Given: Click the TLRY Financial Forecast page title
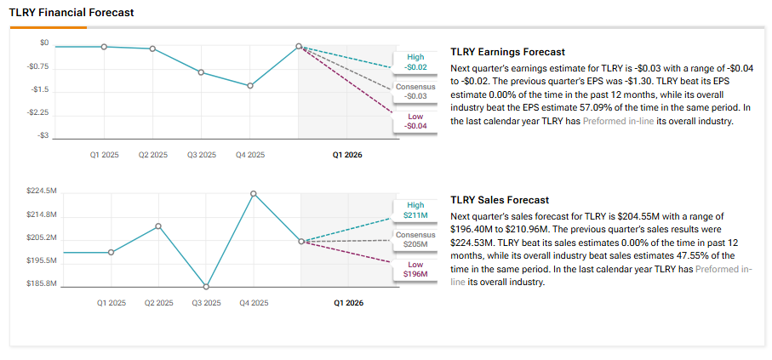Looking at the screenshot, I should pyautogui.click(x=71, y=14).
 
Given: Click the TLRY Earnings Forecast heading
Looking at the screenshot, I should pyautogui.click(x=507, y=52).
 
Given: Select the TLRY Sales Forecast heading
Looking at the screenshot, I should pyautogui.click(x=500, y=200).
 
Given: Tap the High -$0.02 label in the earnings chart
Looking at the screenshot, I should pyautogui.click(x=415, y=62).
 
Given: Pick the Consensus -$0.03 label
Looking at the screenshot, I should pyautogui.click(x=415, y=92).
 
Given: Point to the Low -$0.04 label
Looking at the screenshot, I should pyautogui.click(x=415, y=121).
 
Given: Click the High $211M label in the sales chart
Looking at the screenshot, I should pyautogui.click(x=415, y=210).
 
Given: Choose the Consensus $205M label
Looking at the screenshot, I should pyautogui.click(x=415, y=239).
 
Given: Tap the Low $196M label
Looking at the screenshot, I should pyautogui.click(x=415, y=269).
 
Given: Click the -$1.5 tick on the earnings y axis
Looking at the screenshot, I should pyautogui.click(x=40, y=89).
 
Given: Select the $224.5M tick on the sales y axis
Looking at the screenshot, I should pyautogui.click(x=42, y=191).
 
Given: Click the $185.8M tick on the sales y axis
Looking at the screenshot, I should pyautogui.click(x=42, y=283).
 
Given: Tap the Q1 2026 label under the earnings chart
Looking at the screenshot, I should pyautogui.click(x=347, y=155).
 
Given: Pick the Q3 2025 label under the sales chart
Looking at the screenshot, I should pyautogui.click(x=205, y=303).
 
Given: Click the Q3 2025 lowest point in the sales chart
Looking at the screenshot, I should pyautogui.click(x=206, y=286).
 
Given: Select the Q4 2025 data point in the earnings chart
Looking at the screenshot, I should pyautogui.click(x=250, y=86).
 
